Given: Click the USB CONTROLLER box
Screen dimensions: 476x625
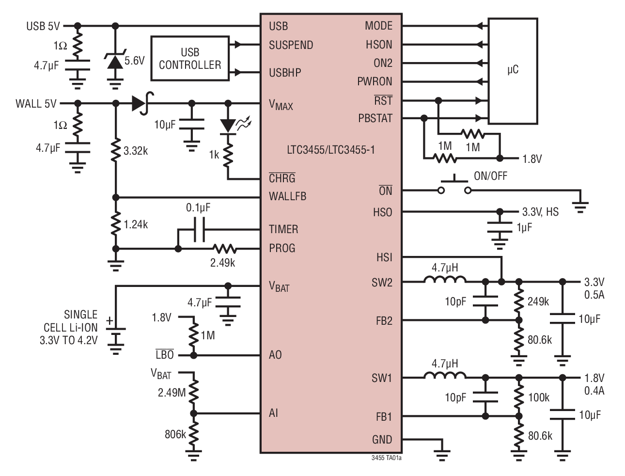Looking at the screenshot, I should click(190, 58).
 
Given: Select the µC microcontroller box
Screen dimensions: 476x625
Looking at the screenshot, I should click(513, 71).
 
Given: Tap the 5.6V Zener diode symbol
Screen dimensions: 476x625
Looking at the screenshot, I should click(115, 62).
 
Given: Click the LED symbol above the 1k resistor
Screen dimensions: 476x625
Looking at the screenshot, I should click(228, 126).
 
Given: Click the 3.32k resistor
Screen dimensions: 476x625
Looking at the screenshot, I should click(115, 151).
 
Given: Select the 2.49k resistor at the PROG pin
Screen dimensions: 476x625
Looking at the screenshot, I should click(224, 249).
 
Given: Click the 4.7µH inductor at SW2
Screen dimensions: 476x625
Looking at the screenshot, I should click(445, 281).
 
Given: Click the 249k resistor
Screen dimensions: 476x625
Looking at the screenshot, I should click(518, 301).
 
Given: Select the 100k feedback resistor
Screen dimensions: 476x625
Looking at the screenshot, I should click(518, 397).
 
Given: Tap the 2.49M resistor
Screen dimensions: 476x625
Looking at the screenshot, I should click(193, 392).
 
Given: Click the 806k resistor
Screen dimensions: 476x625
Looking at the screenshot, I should click(193, 434).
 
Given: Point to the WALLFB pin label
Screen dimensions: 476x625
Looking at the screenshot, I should click(287, 197).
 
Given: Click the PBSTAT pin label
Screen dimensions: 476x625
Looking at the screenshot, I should click(375, 118).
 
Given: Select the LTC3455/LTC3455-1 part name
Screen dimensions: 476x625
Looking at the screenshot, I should click(330, 150).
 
